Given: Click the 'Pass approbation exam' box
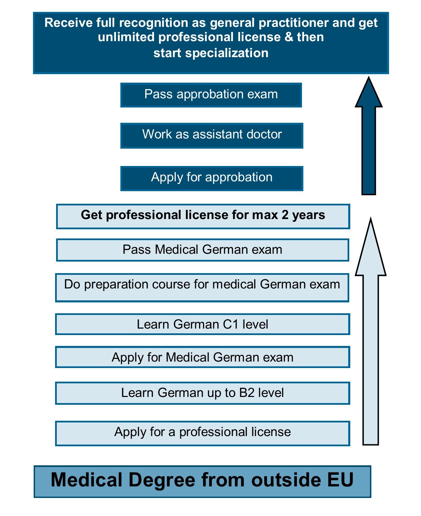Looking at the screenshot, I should coord(211,95).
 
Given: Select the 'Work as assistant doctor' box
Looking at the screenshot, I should coord(212,135).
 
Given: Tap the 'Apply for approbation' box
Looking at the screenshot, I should coord(212,178).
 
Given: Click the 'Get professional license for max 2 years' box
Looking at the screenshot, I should coord(203,216).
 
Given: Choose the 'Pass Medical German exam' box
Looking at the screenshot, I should coord(202,250).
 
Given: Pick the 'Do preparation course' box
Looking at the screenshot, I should coord(202,287).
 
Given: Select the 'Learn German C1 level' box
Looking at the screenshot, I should coord(202,324).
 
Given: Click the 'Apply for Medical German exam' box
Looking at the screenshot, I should coord(202,357).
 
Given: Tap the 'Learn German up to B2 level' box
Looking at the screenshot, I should coord(202,393).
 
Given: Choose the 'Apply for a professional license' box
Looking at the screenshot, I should coord(202,433).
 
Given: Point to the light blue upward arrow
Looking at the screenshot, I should coord(371,340).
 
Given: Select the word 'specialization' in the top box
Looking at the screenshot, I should coord(227,53).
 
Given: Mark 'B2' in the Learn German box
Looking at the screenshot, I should coord(247,393).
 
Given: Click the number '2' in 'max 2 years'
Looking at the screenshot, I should coord(285,215).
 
